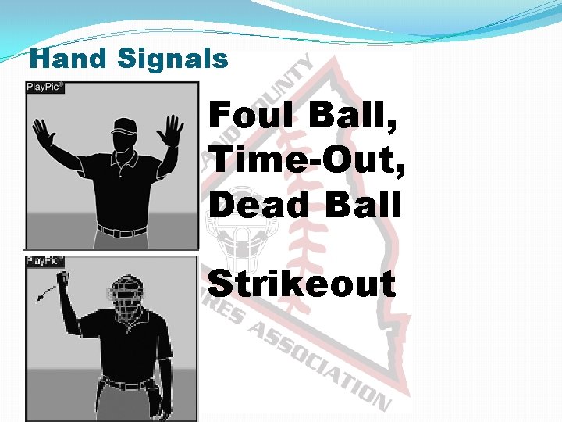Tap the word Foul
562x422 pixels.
tap(254, 117)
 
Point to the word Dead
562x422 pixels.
tap(258, 206)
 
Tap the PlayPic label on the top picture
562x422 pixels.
tap(44, 87)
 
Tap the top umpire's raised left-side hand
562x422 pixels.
tap(42, 133)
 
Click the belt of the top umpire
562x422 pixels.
tap(123, 231)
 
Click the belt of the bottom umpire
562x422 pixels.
tap(128, 384)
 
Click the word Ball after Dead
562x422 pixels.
tap(368, 206)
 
